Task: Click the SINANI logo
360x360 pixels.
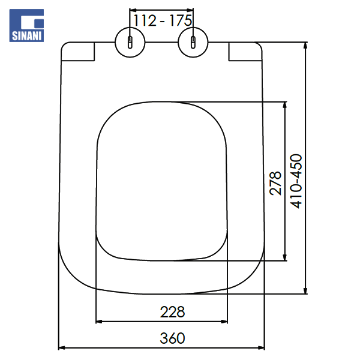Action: pyautogui.click(x=26, y=25)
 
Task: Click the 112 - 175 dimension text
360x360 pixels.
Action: pyautogui.click(x=163, y=20)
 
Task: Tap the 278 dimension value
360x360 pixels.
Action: pyautogui.click(x=275, y=183)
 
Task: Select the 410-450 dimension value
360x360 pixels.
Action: pyautogui.click(x=296, y=181)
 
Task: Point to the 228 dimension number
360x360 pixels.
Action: pyautogui.click(x=172, y=312)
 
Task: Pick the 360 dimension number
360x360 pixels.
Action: pyautogui.click(x=172, y=338)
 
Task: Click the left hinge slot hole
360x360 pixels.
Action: pyautogui.click(x=130, y=43)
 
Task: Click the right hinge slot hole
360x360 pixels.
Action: pyautogui.click(x=193, y=43)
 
